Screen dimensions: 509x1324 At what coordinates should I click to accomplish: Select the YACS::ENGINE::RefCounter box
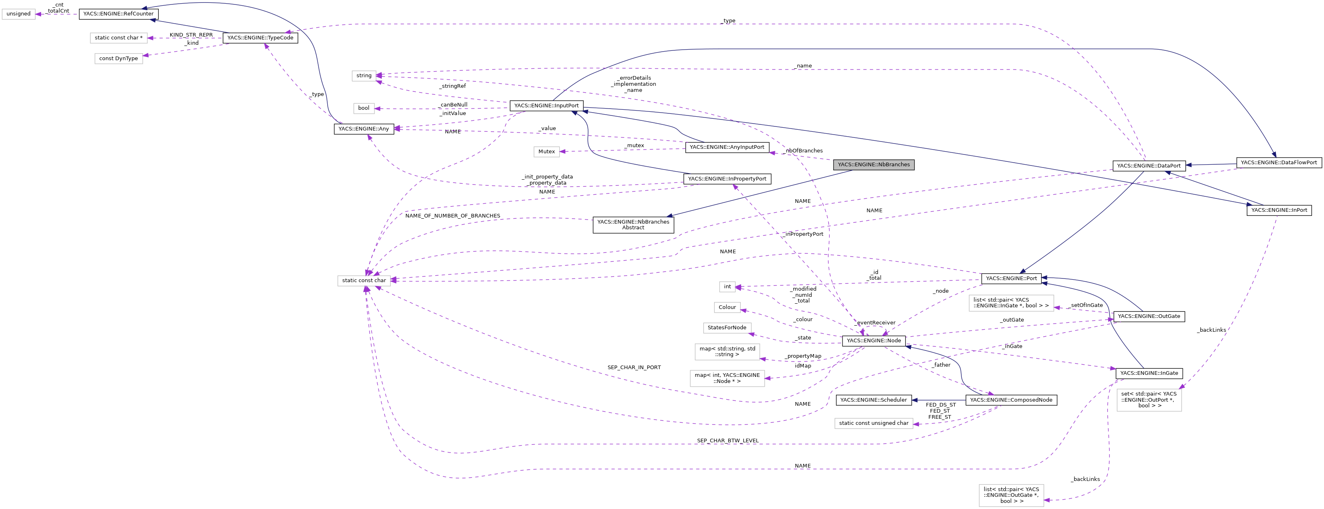[118, 14]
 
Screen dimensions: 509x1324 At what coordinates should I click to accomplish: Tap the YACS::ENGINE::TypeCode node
[260, 38]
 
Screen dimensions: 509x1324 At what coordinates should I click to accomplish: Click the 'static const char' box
[363, 281]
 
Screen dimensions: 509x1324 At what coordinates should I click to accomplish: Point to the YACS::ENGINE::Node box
[873, 341]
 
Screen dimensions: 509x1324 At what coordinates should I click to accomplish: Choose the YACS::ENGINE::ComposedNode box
[1011, 400]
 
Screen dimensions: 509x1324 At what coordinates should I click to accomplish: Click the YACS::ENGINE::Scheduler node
[873, 400]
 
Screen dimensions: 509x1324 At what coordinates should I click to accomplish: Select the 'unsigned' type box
[18, 14]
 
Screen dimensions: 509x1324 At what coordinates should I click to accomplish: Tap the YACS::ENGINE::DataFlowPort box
[1278, 163]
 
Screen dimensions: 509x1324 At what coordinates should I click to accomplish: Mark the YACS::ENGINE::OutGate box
[1148, 316]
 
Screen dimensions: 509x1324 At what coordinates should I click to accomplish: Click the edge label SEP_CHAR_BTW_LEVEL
[727, 441]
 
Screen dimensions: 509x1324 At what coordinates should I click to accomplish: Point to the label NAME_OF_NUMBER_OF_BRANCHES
[452, 216]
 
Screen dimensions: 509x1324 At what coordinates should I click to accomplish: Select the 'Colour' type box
[727, 307]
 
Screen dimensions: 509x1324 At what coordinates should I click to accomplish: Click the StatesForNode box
[727, 328]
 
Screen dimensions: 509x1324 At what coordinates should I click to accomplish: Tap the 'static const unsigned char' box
[873, 423]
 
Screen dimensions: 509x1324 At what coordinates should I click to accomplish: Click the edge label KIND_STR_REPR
[191, 35]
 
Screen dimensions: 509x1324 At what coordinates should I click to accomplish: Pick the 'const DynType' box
[118, 59]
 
